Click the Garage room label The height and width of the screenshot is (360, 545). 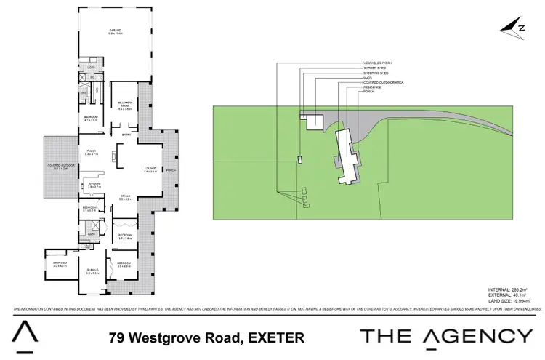pyautogui.click(x=115, y=31)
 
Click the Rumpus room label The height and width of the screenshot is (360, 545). pyautogui.click(x=92, y=271)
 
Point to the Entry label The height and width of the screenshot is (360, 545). pyautogui.click(x=126, y=135)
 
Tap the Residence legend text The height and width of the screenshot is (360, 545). pyautogui.click(x=373, y=87)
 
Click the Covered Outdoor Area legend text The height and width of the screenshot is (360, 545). pyautogui.click(x=384, y=82)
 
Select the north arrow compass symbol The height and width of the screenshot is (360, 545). pyautogui.click(x=515, y=27)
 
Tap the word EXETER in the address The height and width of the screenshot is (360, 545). pyautogui.click(x=276, y=337)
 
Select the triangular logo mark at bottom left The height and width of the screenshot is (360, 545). pyautogui.click(x=24, y=335)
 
